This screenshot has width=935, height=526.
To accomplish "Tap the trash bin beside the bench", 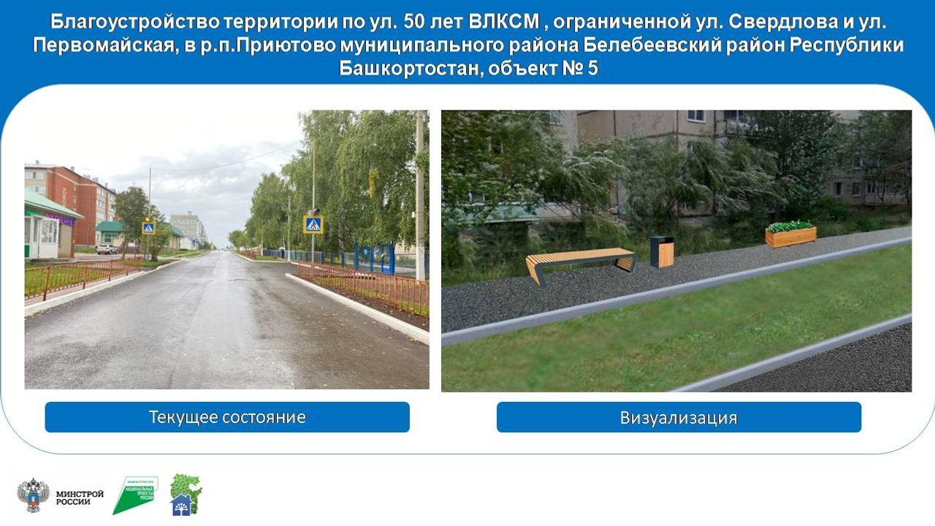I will (662, 251).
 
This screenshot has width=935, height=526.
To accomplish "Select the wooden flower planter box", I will (790, 235).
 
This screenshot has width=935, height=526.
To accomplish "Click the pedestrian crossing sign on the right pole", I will (313, 224).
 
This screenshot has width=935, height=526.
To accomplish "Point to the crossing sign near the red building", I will (148, 228).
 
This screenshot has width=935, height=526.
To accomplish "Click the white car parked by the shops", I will (107, 249).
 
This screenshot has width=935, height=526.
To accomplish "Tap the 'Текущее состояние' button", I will (227, 417).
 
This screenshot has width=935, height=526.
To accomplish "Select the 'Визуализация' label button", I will (679, 418).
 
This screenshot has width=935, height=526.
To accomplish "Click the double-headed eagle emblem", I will (33, 495).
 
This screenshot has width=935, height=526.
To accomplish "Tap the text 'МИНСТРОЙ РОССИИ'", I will (80, 498).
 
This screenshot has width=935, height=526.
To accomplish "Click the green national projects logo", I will (135, 495).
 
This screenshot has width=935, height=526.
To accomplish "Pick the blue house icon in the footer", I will (180, 505).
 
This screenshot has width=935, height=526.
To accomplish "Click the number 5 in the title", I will (592, 69).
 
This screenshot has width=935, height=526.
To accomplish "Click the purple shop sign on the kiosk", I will (59, 218).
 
